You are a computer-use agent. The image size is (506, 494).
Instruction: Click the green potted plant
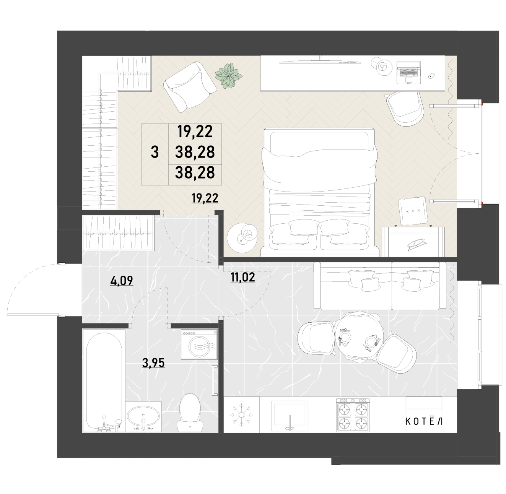[228, 76]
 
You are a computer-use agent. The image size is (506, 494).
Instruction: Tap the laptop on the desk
[408, 73]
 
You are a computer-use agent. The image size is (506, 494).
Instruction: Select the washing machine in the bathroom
[199, 344]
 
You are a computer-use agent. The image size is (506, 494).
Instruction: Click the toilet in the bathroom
[190, 415]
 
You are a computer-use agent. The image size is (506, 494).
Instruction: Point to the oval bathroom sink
[143, 417]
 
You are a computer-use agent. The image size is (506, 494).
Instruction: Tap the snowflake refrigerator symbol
[242, 415]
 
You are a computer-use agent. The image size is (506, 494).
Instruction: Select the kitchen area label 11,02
[242, 278]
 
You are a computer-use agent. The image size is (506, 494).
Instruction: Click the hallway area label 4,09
[122, 281]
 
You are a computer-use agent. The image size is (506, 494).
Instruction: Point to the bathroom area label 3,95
[153, 363]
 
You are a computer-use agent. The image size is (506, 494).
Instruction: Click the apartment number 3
[155, 152]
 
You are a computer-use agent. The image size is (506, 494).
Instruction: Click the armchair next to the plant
[190, 87]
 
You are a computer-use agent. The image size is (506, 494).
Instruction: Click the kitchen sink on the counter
[290, 416]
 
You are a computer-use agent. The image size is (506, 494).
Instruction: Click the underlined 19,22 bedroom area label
[205, 198]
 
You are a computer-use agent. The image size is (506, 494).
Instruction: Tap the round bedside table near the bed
[242, 238]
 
